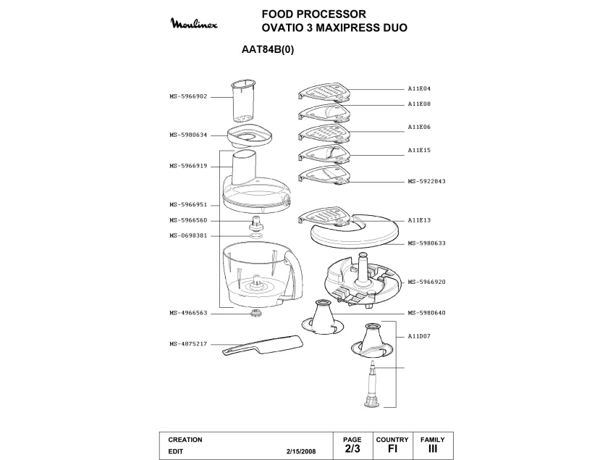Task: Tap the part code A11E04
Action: point(419,88)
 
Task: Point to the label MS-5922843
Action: point(426,181)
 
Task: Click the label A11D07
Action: point(419,336)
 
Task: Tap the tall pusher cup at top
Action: point(243,101)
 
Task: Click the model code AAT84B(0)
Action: point(267,51)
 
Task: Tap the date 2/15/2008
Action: point(302,451)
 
